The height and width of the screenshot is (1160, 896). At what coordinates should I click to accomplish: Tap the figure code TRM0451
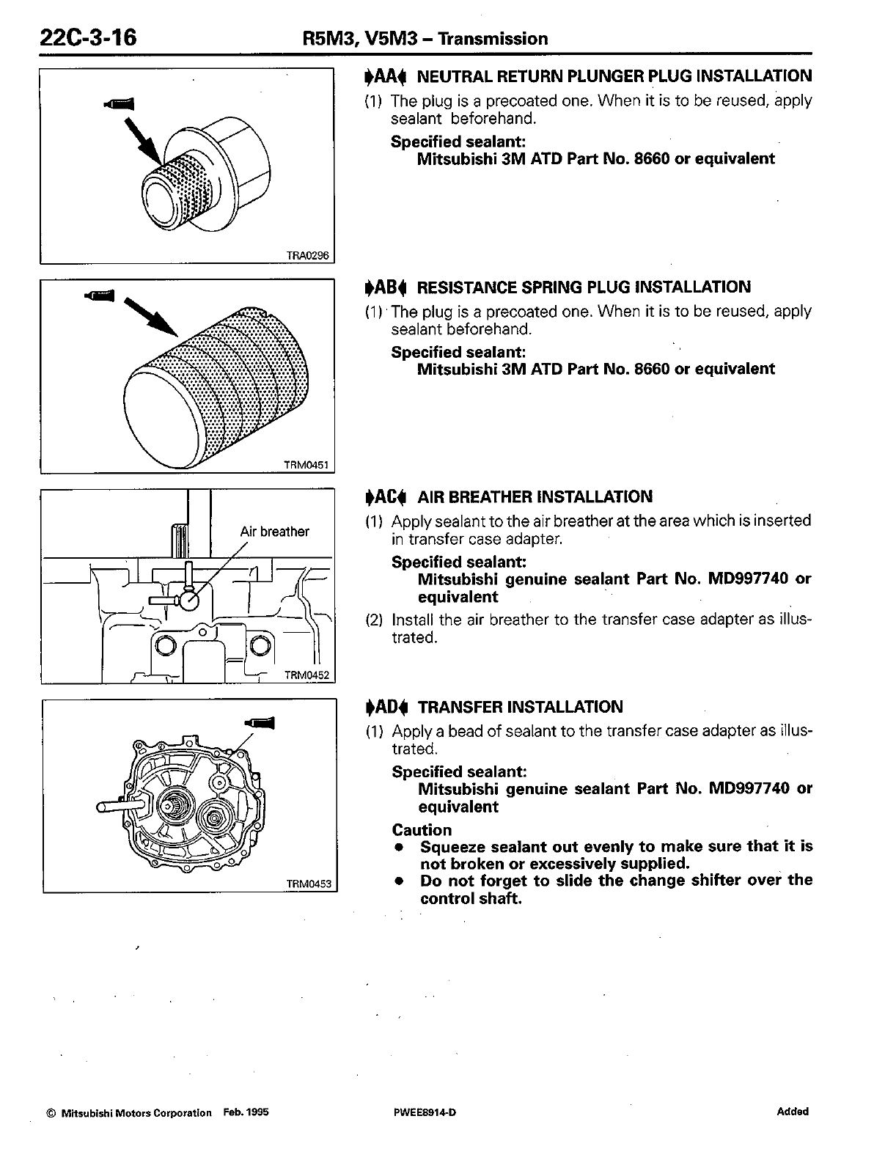pyautogui.click(x=309, y=465)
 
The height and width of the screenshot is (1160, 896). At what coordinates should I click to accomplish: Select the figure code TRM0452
pyautogui.click(x=307, y=675)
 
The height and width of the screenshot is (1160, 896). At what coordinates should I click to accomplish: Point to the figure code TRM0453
pyautogui.click(x=309, y=884)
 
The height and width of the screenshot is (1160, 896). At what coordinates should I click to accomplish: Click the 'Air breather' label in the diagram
pyautogui.click(x=274, y=532)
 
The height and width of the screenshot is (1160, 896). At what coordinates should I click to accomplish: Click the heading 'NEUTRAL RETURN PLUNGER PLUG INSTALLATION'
pyautogui.click(x=614, y=76)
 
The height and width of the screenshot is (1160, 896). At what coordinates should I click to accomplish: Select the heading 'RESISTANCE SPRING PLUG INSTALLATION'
pyautogui.click(x=584, y=287)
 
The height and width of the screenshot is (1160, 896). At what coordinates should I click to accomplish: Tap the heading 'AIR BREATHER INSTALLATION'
pyautogui.click(x=535, y=496)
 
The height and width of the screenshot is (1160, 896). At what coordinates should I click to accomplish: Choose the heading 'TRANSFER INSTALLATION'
pyautogui.click(x=520, y=707)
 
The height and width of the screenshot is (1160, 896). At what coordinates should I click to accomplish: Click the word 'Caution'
pyautogui.click(x=422, y=830)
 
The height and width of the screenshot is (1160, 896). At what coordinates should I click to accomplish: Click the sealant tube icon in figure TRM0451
pyautogui.click(x=100, y=295)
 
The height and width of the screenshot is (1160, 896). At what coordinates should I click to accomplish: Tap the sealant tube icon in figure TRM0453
pyautogui.click(x=261, y=723)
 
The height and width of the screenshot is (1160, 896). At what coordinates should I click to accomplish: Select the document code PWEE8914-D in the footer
pyautogui.click(x=425, y=1112)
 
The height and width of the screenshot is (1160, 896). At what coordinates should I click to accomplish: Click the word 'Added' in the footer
pyautogui.click(x=792, y=1112)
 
